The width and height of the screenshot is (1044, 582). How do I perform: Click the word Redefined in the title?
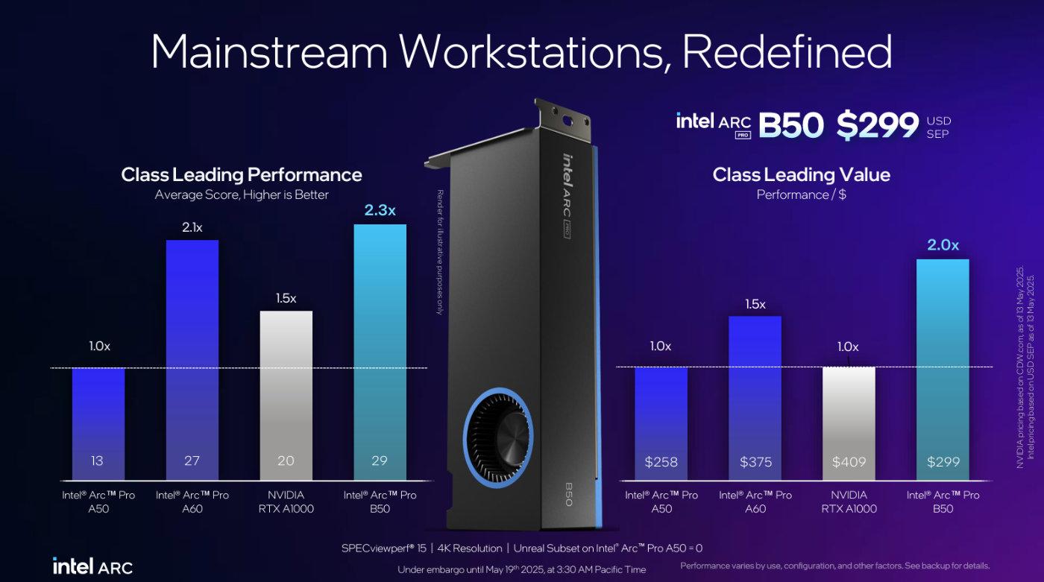coord(787,52)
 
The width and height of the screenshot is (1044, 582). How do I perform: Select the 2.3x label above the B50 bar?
coord(380,211)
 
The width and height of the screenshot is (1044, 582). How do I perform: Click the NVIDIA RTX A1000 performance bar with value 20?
coord(286,395)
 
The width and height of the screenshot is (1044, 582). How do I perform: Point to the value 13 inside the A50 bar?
coord(97,461)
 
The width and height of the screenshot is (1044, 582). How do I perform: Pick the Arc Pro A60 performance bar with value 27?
coord(192,358)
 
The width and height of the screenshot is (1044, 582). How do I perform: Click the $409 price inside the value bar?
coord(849,462)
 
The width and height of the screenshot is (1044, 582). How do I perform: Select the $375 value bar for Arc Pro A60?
coord(755,395)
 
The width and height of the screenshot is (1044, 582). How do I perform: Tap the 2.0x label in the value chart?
coord(943,245)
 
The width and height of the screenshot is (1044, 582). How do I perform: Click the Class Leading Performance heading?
coord(242,175)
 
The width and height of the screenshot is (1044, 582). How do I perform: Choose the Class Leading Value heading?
coord(801,175)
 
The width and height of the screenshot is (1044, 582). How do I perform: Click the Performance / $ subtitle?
coord(801,194)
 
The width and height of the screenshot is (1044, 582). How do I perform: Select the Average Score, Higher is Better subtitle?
coord(242,194)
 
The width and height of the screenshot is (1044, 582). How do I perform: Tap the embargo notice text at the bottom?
coord(522,569)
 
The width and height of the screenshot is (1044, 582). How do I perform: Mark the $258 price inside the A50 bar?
coord(661,462)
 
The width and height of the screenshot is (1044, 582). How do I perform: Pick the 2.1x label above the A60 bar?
coord(192,227)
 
